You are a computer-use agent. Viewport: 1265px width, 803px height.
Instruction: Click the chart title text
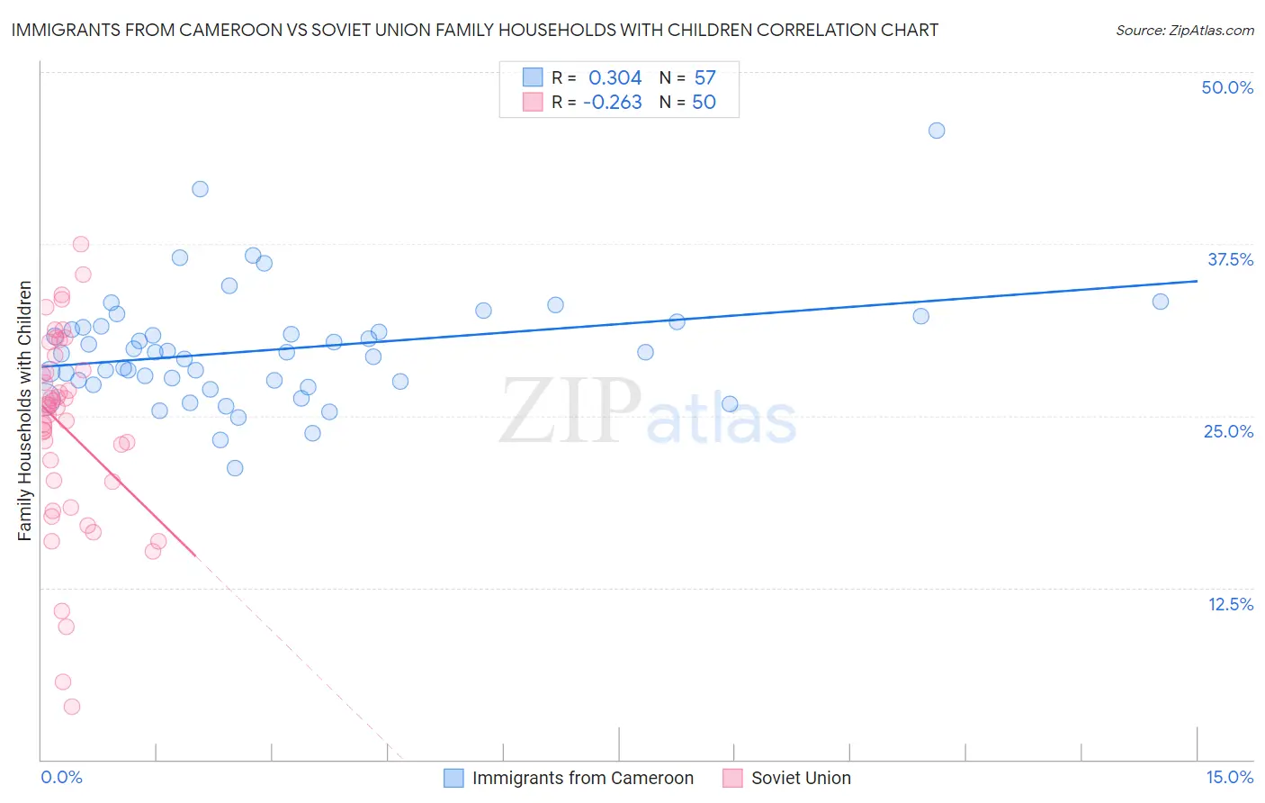(474, 30)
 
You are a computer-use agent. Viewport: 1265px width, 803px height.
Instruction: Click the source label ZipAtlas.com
(1184, 30)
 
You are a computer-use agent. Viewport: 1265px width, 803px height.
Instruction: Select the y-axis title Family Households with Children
(25, 411)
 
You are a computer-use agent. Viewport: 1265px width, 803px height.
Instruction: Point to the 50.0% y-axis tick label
(1227, 87)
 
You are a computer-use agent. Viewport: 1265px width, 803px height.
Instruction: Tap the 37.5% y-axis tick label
(1230, 259)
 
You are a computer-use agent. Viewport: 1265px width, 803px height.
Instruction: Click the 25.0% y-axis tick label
(1228, 431)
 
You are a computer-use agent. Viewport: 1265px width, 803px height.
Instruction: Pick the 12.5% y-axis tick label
(1230, 604)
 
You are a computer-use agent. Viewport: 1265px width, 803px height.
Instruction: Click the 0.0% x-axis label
(61, 777)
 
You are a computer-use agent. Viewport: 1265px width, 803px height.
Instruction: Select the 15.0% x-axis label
(1229, 777)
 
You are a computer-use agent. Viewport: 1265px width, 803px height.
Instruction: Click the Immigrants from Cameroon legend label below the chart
(582, 778)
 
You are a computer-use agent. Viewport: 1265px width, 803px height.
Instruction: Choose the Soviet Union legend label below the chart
(801, 778)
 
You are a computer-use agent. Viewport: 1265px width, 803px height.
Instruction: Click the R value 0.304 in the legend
(615, 78)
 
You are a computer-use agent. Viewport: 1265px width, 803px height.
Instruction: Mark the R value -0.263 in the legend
(612, 103)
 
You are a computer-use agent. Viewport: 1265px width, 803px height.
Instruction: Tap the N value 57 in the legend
(704, 78)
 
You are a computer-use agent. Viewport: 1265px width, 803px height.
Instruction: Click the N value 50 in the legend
(704, 103)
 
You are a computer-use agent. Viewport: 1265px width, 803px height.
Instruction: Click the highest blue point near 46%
(937, 131)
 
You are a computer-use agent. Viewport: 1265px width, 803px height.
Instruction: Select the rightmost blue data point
(1161, 302)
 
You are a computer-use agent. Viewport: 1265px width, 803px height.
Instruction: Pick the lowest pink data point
(72, 707)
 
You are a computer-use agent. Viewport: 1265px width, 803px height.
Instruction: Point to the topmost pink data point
(81, 244)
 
